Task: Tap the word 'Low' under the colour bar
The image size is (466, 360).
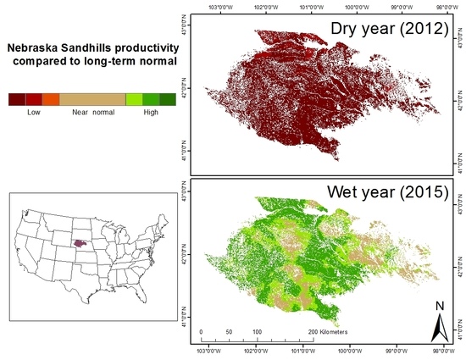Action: click(34, 112)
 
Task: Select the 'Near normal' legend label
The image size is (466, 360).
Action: click(92, 112)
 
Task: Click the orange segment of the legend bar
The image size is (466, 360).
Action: click(50, 99)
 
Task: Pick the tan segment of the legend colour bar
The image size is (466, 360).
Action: click(92, 99)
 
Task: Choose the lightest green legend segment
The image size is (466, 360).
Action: click(133, 99)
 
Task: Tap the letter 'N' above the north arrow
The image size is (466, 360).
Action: click(439, 304)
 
